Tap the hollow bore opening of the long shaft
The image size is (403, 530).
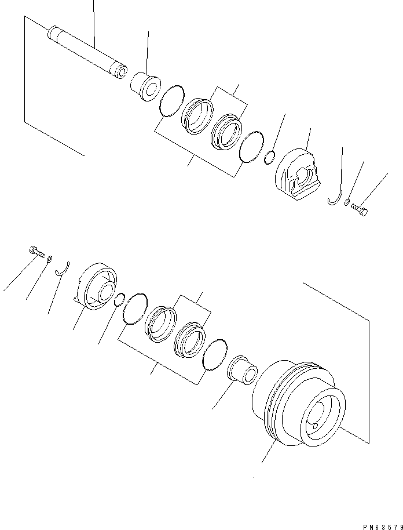(122, 71)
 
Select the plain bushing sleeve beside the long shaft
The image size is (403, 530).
(145, 86)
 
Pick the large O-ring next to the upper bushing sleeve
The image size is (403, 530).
(172, 101)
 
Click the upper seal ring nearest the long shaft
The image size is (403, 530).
(197, 117)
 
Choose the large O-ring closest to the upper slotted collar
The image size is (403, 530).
(251, 147)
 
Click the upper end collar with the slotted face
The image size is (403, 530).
(298, 173)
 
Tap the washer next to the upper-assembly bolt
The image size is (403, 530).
(347, 203)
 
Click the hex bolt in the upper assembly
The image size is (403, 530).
(360, 209)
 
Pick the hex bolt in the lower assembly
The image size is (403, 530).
(36, 252)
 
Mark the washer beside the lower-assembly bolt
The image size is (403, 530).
(49, 259)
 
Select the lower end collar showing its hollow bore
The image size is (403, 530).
(96, 286)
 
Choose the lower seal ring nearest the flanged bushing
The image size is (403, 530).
(190, 339)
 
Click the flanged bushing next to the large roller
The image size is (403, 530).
(243, 370)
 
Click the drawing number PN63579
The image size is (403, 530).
(382, 527)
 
